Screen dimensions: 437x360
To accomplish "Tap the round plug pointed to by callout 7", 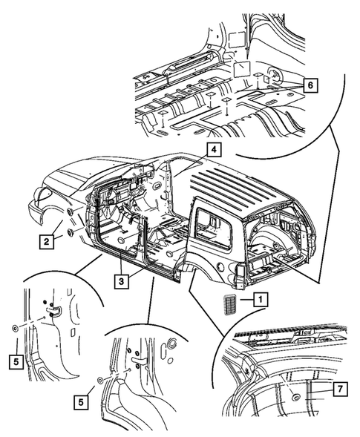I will [295, 398].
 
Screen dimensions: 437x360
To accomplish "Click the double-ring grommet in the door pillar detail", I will [173, 344].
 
